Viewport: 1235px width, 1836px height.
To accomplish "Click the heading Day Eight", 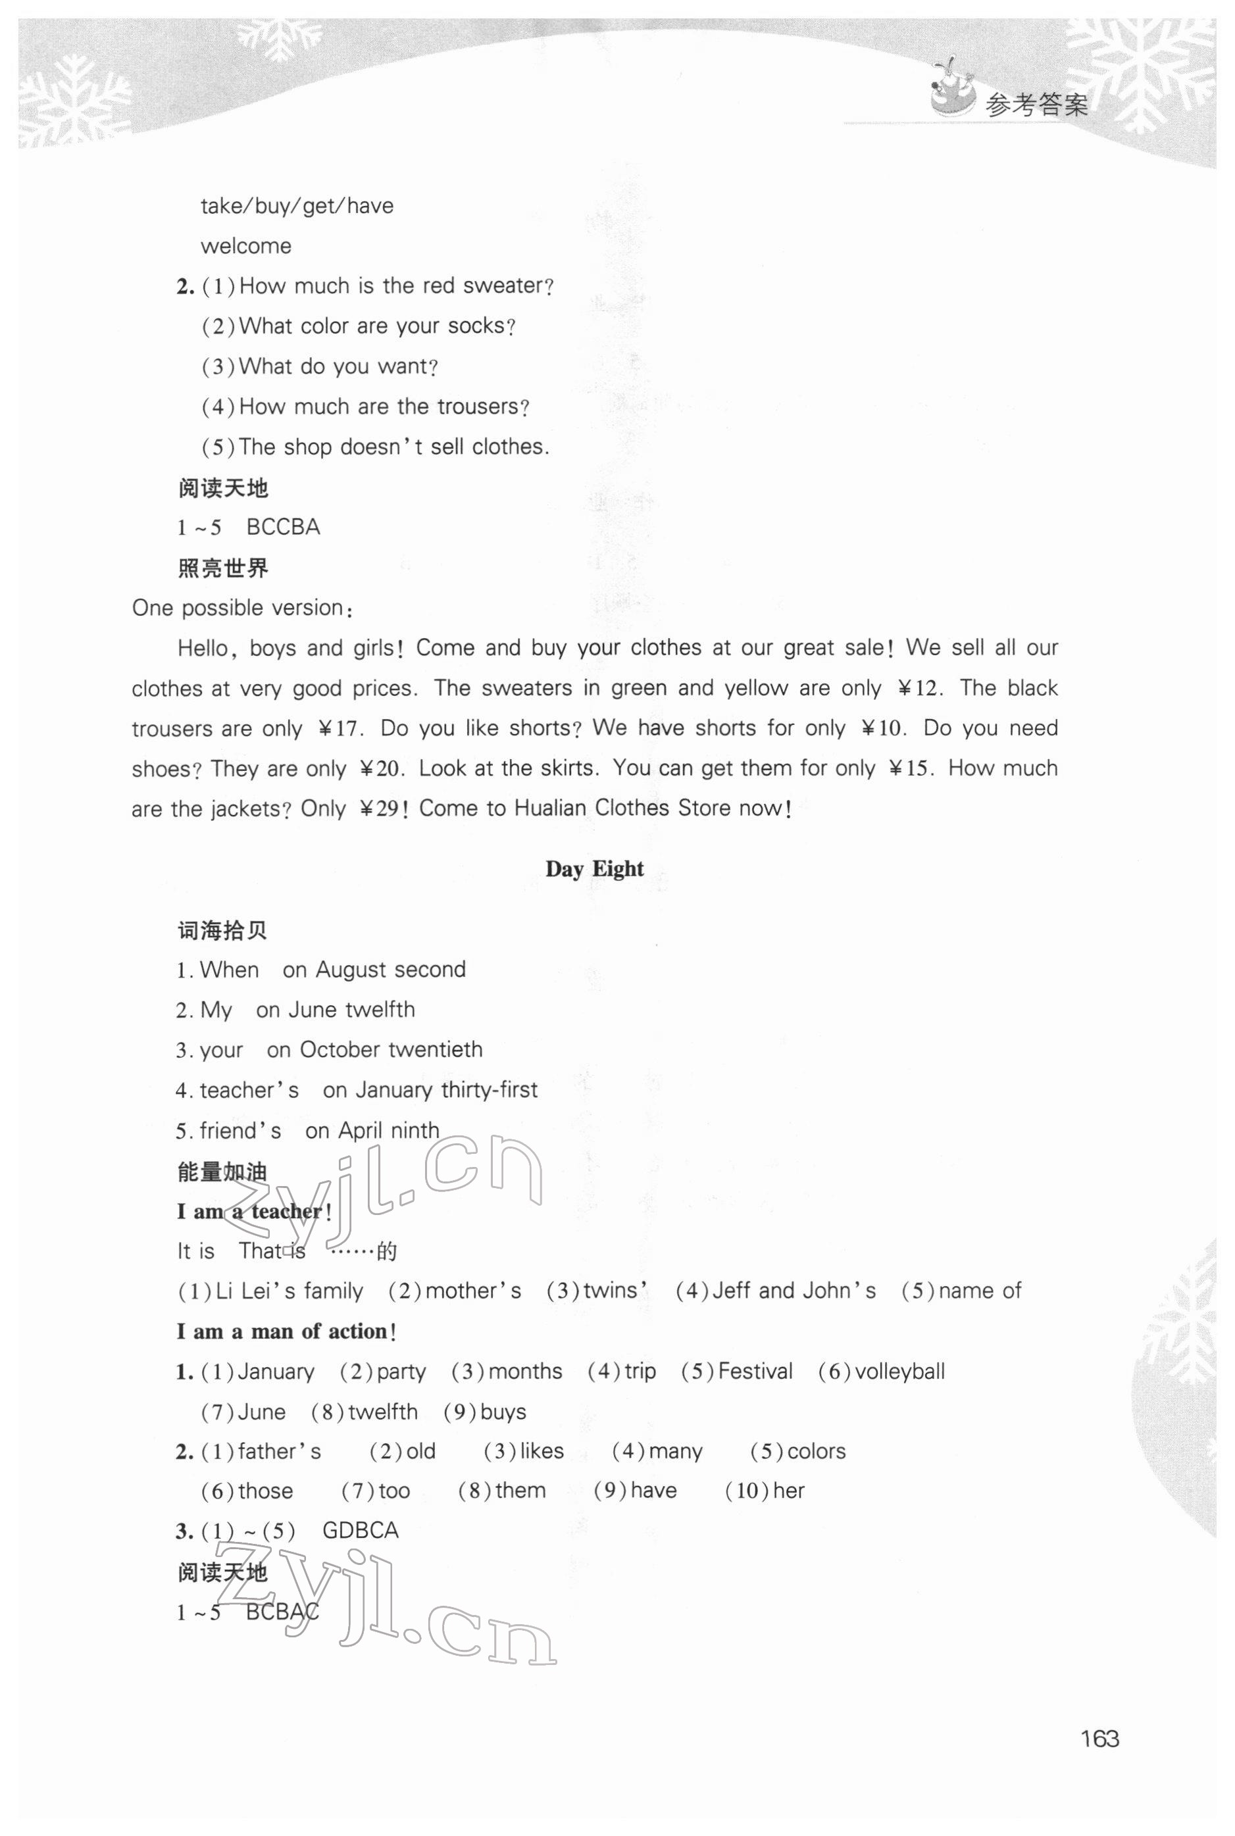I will pyautogui.click(x=595, y=868).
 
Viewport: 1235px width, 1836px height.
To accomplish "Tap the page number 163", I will pyautogui.click(x=1099, y=1739).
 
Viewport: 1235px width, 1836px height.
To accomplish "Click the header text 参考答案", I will pyautogui.click(x=1036, y=105).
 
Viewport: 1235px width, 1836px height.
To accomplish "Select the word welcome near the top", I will pyautogui.click(x=245, y=245).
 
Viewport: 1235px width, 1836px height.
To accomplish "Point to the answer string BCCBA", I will pyautogui.click(x=284, y=527).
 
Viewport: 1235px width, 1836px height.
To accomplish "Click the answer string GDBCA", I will pyautogui.click(x=361, y=1531).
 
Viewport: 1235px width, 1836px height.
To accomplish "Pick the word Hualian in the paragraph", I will pyautogui.click(x=551, y=808).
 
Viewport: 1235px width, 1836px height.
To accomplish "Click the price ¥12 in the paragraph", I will pyautogui.click(x=919, y=688).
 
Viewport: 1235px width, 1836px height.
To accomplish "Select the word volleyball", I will pyautogui.click(x=899, y=1372).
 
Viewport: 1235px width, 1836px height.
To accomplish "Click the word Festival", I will pyautogui.click(x=755, y=1372).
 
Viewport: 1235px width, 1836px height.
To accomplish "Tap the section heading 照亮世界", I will pyautogui.click(x=223, y=568).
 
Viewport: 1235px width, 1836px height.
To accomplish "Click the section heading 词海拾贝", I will pyautogui.click(x=223, y=931).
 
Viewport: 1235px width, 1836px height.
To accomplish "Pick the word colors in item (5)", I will pyautogui.click(x=816, y=1451).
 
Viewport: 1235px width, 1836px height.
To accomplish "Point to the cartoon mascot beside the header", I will pyautogui.click(x=951, y=89).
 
